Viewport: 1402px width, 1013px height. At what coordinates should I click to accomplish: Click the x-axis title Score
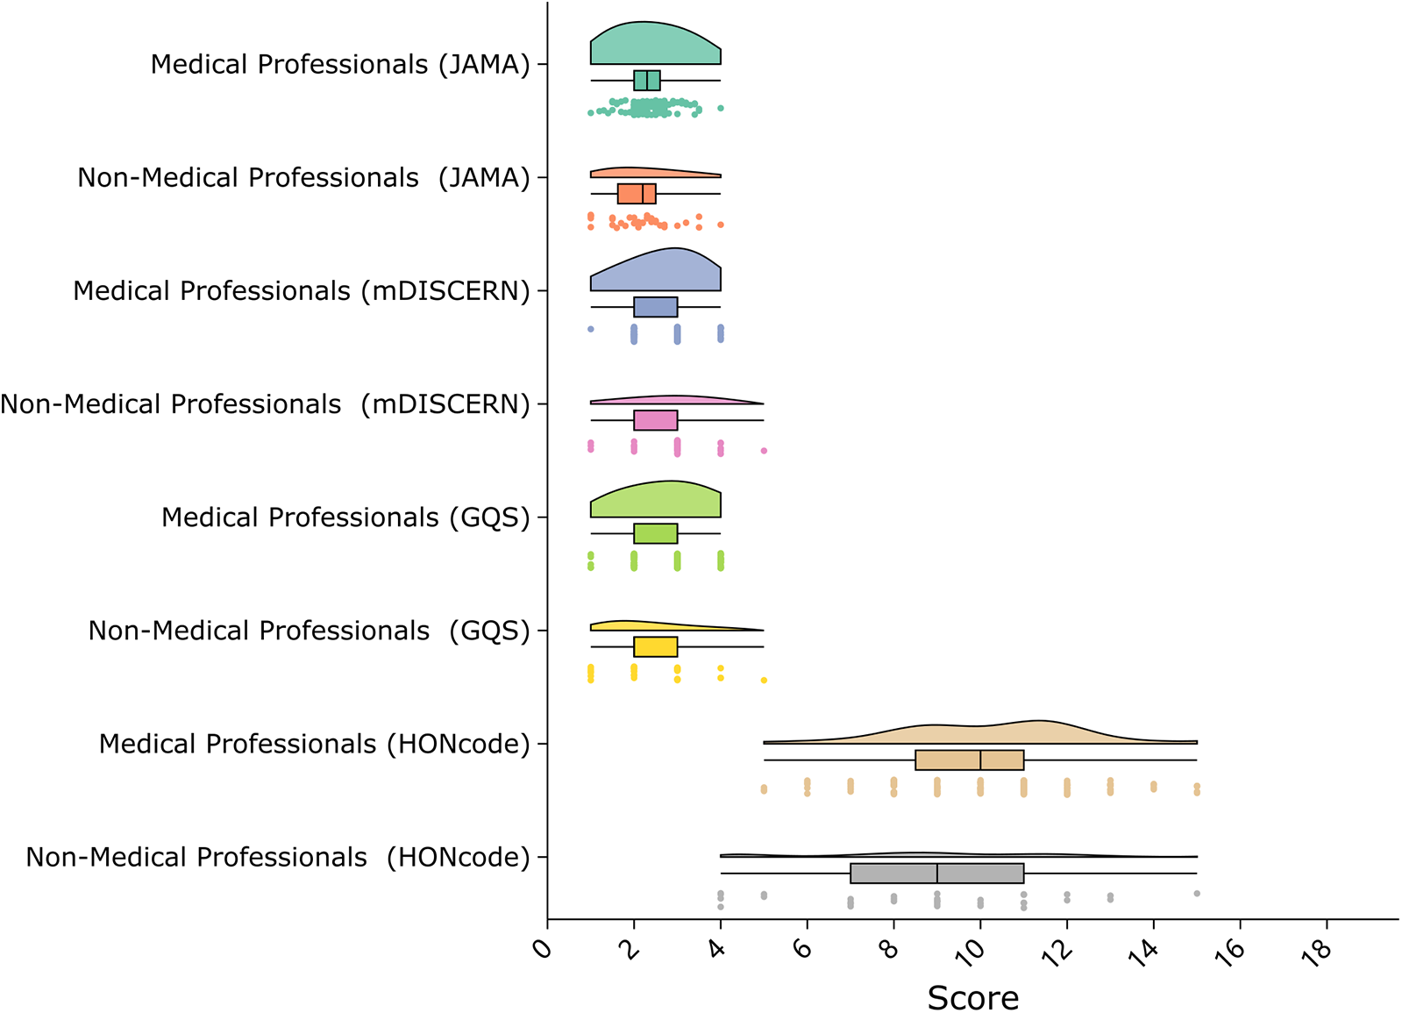tap(972, 997)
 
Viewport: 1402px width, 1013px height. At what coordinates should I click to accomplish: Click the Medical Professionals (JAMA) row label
tap(340, 65)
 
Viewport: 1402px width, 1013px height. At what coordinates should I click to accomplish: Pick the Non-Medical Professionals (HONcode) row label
tap(278, 857)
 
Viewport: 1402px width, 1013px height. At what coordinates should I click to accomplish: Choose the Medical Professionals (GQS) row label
tap(345, 517)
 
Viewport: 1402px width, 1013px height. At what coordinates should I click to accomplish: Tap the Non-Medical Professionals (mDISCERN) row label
tap(265, 404)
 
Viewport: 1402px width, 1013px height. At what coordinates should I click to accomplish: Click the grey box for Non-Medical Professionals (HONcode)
tap(936, 874)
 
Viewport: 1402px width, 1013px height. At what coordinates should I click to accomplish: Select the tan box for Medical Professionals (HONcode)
tap(969, 760)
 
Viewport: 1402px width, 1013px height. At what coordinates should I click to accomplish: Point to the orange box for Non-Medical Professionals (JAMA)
tap(637, 194)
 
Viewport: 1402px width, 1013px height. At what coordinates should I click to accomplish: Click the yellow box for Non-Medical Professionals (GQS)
tap(655, 647)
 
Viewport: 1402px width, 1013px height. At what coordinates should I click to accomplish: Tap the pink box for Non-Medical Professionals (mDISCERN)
tap(655, 421)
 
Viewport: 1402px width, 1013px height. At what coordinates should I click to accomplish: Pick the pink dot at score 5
tap(764, 451)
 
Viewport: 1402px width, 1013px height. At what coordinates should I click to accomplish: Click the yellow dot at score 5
tap(764, 680)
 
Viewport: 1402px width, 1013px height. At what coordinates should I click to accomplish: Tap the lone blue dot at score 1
tap(591, 330)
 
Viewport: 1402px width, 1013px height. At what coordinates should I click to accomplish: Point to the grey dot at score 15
tap(1197, 894)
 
